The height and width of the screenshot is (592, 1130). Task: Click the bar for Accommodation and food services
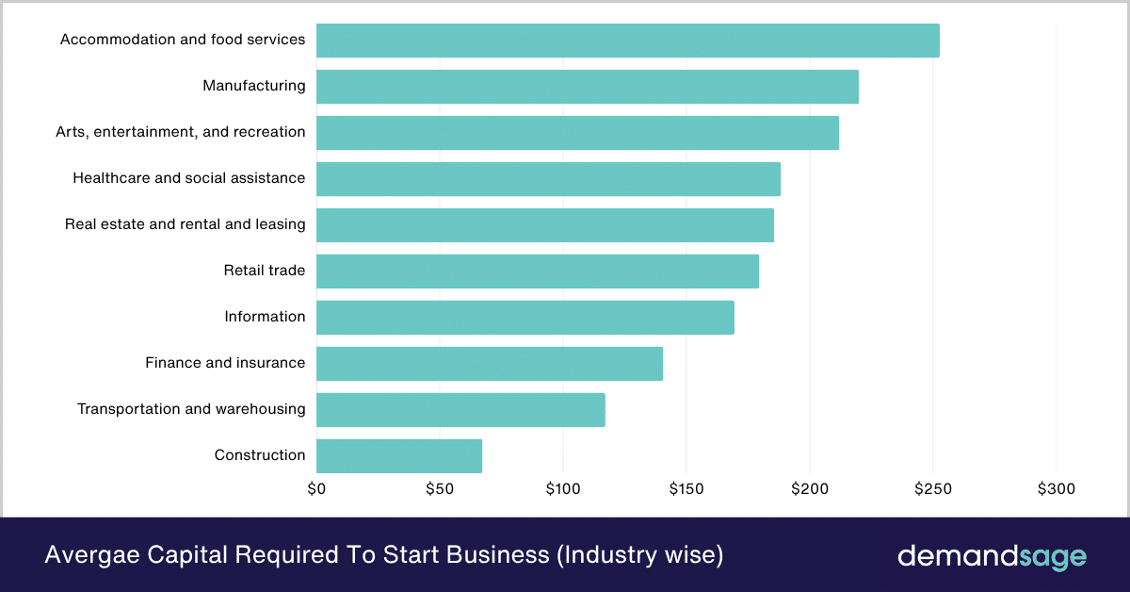pos(627,41)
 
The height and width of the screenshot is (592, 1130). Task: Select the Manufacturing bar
pos(587,87)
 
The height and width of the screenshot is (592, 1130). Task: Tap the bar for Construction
pos(399,456)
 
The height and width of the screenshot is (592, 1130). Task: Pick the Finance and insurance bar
pos(490,364)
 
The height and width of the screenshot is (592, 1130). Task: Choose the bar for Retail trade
pos(537,271)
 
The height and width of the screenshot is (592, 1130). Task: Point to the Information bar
pos(525,318)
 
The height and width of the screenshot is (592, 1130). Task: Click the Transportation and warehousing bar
pos(460,410)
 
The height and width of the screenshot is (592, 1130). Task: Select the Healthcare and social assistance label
pos(188,178)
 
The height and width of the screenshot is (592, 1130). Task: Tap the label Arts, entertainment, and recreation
pos(181,132)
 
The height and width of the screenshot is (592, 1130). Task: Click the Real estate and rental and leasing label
pos(185,224)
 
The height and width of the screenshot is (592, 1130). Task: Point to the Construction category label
pos(260,455)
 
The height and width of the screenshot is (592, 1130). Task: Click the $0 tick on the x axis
pos(316,489)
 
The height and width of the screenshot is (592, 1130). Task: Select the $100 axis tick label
pos(563,489)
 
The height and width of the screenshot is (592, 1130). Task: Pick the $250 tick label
pos(932,489)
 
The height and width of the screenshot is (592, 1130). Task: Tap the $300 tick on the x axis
pos(1056,489)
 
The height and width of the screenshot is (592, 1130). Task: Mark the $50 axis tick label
pos(440,489)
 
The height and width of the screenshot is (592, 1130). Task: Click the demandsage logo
pos(991,555)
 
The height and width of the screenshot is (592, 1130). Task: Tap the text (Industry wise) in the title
pos(639,555)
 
